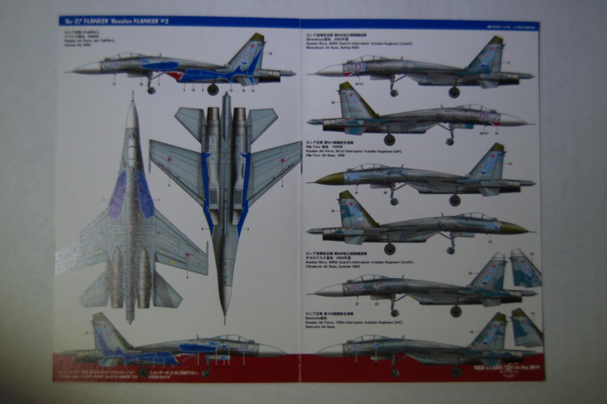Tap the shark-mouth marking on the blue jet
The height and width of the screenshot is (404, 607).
(x=174, y=75)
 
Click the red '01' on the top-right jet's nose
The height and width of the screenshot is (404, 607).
(x=360, y=67)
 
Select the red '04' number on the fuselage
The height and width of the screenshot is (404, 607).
(x=357, y=288)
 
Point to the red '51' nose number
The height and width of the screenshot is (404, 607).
(x=356, y=348)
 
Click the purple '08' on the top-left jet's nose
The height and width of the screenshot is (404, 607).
(x=115, y=65)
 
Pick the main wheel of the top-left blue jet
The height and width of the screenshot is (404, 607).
(x=213, y=89)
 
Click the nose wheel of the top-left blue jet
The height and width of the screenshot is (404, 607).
(x=151, y=90)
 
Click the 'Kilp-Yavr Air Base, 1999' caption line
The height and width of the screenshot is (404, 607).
(x=326, y=155)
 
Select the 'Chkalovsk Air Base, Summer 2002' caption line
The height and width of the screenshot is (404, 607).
(x=333, y=266)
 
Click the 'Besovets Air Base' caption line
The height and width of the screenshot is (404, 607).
(x=320, y=327)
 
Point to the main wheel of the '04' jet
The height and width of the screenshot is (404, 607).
(x=456, y=312)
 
